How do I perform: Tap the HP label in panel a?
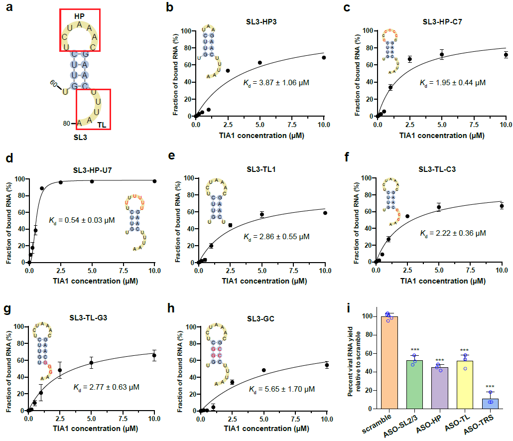tap(79, 16)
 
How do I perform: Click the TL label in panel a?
tap(101, 123)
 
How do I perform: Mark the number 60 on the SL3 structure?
tap(54, 84)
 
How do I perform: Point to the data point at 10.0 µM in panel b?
tap(324, 57)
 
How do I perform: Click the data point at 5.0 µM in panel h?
tap(263, 370)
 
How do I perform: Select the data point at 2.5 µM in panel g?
tap(60, 370)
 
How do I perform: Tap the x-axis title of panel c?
tap(442, 135)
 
